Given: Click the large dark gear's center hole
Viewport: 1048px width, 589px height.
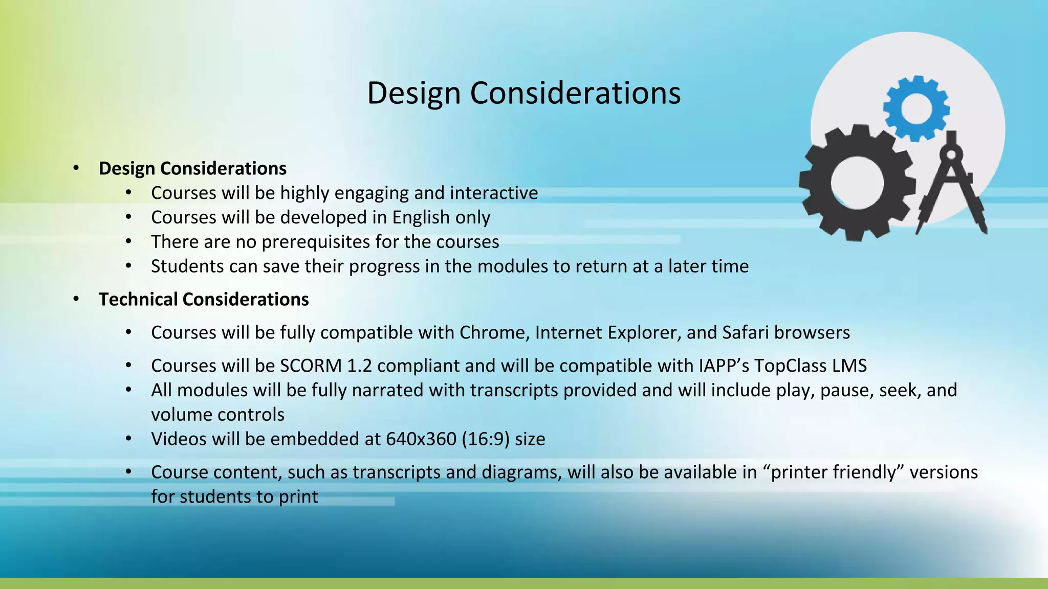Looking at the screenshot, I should click(857, 183).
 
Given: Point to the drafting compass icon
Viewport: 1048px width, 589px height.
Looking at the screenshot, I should click(951, 184).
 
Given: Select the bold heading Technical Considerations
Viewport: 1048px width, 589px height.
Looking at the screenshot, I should click(204, 299).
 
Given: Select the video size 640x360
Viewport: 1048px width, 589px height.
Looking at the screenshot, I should click(421, 439).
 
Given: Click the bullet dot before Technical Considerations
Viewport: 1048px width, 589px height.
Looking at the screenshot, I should click(76, 299).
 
